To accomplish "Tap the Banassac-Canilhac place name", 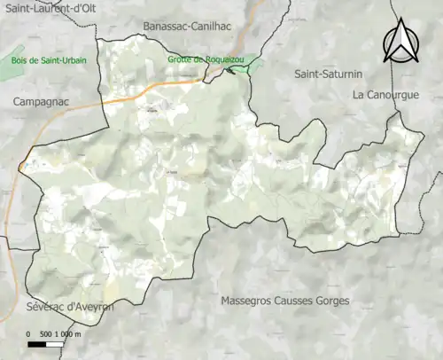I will click(186, 26).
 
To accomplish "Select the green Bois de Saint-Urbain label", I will click(47, 60).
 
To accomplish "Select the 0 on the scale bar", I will click(29, 333).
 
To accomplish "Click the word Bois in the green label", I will click(19, 60).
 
